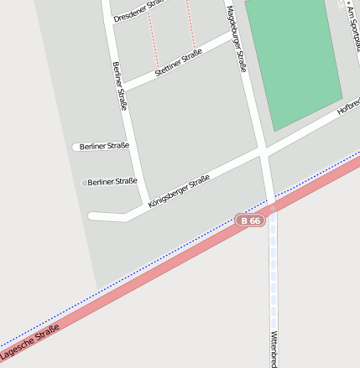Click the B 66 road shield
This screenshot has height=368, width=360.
click(250, 220)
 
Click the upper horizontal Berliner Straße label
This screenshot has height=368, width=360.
click(104, 146)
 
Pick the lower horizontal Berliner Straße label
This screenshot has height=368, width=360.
click(112, 181)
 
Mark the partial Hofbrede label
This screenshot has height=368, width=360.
click(348, 107)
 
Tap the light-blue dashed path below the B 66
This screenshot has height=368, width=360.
click(273, 285)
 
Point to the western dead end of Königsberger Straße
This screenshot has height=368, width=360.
click(91, 216)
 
